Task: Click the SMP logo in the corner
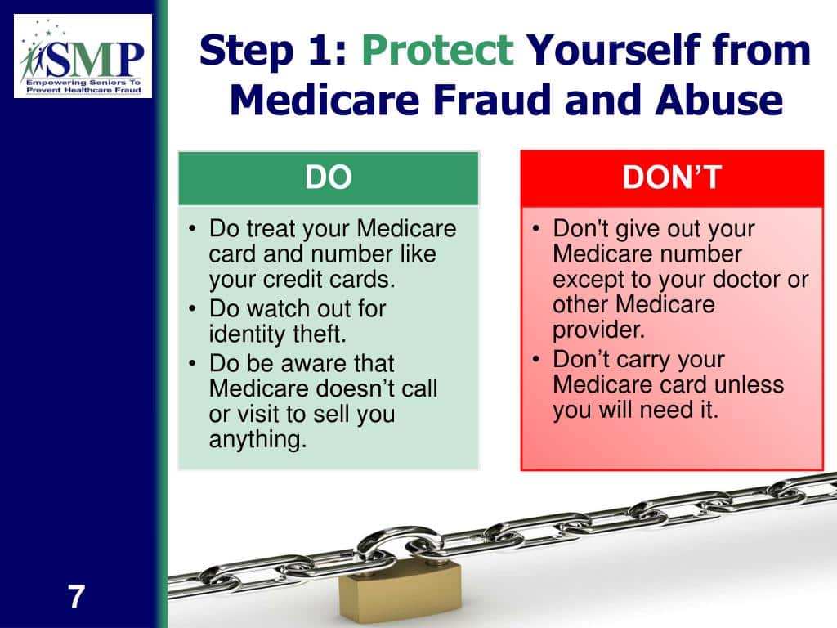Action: click(83, 56)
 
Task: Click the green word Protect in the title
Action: click(438, 50)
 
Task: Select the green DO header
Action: click(329, 177)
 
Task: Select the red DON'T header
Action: click(672, 177)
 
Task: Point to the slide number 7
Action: click(76, 596)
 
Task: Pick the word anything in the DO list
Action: click(257, 440)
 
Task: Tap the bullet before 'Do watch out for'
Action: click(192, 308)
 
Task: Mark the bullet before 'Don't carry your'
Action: click(536, 359)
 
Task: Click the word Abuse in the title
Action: click(719, 99)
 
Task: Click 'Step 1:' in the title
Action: click(273, 50)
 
